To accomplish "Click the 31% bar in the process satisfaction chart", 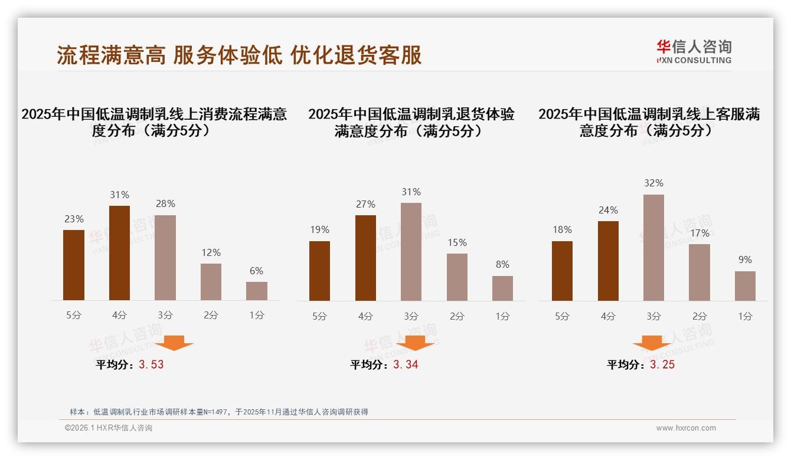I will pos(119,253).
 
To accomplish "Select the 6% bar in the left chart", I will pos(257,291).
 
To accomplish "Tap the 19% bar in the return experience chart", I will pos(319,271).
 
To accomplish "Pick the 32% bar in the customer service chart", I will pos(653,248).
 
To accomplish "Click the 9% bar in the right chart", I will pos(745,286).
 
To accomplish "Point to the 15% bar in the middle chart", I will pos(457,277).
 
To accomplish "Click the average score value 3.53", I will pos(151,364).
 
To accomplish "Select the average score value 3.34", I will pos(406,364).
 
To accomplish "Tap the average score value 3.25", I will pos(662,364).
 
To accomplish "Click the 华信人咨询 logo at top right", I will pos(694,51).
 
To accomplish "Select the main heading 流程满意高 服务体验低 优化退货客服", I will pos(239,55).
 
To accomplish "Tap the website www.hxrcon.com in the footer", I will pos(686,428).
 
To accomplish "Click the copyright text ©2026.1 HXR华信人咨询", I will pos(108,428).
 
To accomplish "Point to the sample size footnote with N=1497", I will pos(218,412).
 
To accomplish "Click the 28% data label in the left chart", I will pos(165,204).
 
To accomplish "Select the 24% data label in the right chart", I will pos(608,210).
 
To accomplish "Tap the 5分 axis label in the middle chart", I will pos(319,316).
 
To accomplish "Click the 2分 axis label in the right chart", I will pos(700,316).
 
